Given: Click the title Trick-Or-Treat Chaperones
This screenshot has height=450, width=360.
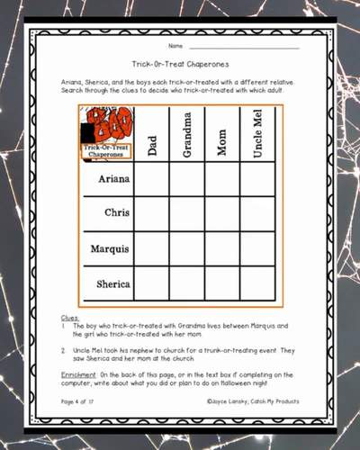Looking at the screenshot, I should [179, 64].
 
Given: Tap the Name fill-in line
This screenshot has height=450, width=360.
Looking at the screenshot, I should [243, 47].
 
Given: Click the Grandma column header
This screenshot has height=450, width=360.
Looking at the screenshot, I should [186, 135].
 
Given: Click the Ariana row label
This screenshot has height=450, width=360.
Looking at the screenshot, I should [107, 178].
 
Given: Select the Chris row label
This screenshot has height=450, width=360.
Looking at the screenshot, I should [107, 213].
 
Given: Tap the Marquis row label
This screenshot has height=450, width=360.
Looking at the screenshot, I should [107, 248].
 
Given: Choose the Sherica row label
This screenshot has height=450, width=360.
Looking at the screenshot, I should [107, 283].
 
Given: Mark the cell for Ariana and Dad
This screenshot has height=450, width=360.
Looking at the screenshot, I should [151, 178].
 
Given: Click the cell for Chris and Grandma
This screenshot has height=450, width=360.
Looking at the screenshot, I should [186, 213].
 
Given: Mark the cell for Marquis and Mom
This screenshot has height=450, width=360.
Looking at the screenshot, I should [221, 248].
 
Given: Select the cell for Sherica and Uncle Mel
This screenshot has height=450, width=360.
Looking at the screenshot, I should [257, 283].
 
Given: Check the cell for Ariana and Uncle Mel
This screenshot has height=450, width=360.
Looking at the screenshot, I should [257, 178].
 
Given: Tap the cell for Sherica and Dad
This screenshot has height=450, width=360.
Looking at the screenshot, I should [151, 283].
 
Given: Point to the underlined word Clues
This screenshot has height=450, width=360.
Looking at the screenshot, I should [70, 318].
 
